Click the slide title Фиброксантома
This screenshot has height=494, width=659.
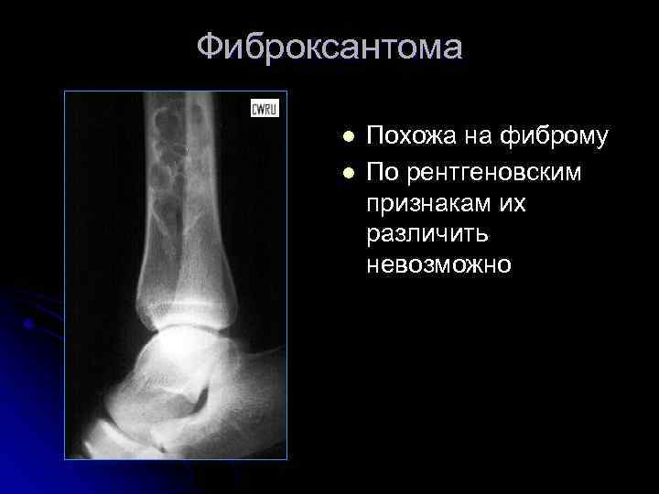point(329,47)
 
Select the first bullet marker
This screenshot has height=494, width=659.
point(348,137)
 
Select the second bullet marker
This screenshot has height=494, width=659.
point(348,172)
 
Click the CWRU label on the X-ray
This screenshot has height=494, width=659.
point(265,109)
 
